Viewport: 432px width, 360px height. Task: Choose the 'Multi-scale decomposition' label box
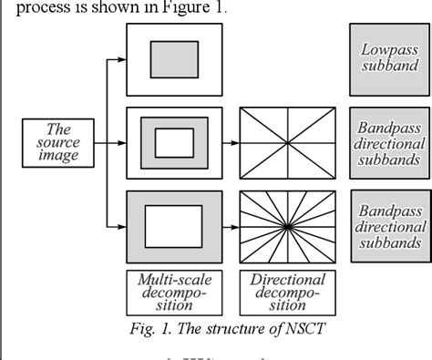point(173,293)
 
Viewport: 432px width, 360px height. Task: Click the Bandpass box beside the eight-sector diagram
point(389,143)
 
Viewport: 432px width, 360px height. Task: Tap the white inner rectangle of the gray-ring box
point(173,143)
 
